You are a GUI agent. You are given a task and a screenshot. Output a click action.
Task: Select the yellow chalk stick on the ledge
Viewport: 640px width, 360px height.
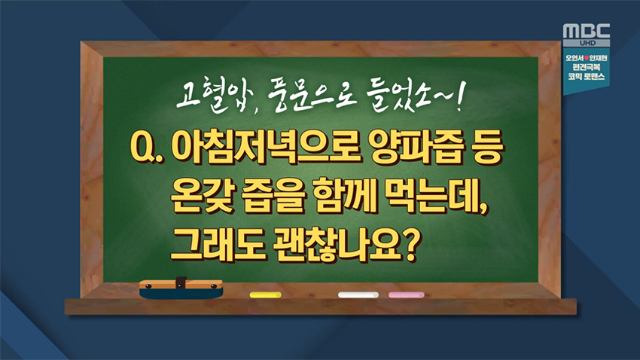click(x=265, y=294)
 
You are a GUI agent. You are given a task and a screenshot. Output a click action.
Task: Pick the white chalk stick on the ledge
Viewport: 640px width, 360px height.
click(x=358, y=294)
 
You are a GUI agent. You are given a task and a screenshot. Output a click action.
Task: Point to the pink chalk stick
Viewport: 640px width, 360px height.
click(x=406, y=294)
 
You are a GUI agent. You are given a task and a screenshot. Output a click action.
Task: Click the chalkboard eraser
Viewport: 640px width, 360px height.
click(x=181, y=289)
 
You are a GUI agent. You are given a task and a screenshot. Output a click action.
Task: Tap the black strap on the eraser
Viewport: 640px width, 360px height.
click(x=181, y=282)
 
